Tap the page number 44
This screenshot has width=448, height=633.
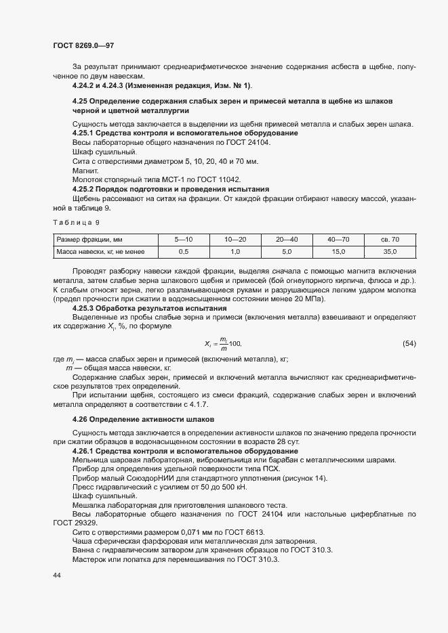tap(57, 575)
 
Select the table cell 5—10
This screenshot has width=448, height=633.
tap(184, 239)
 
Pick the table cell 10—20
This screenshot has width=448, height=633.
tap(235, 239)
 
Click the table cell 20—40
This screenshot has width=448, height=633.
tap(286, 239)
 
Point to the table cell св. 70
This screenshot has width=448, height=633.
tap(390, 239)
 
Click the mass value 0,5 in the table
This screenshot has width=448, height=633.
tap(183, 252)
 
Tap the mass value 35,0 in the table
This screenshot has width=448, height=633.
tap(390, 252)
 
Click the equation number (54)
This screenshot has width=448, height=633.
tap(409, 344)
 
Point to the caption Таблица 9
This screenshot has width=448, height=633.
tap(76, 222)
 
